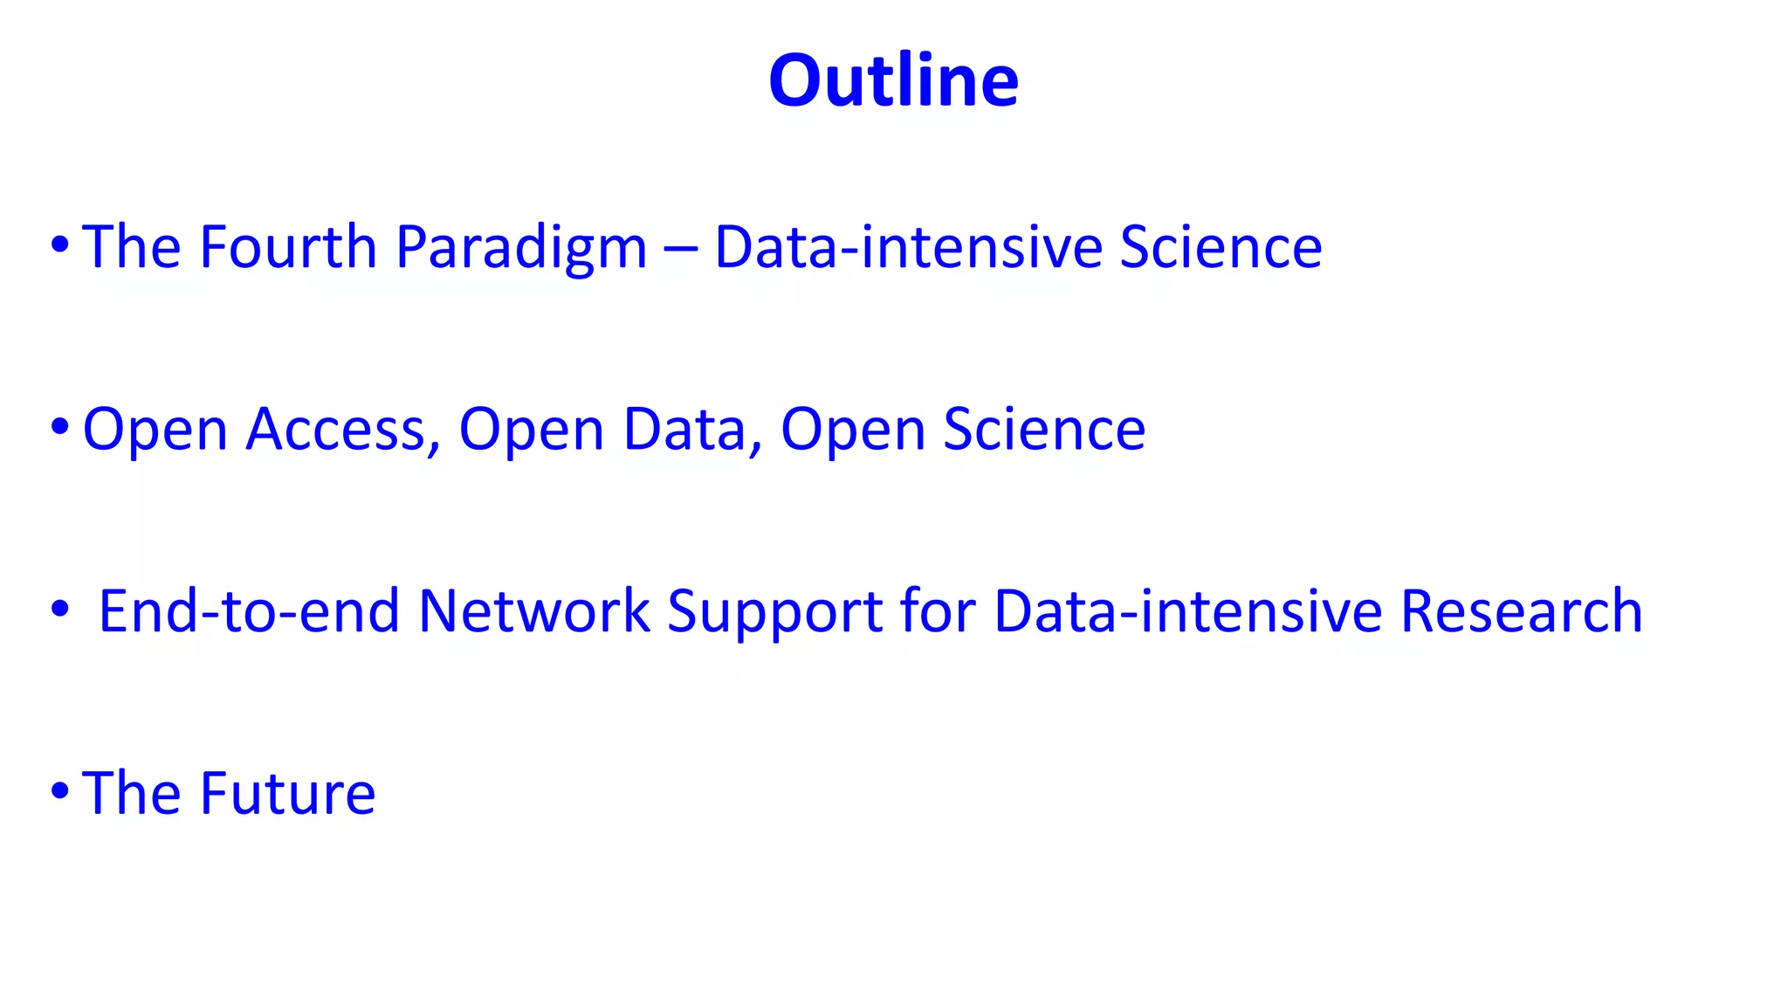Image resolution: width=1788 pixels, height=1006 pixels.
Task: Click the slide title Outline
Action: [x=893, y=80]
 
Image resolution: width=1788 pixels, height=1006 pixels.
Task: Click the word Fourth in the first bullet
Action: [x=288, y=247]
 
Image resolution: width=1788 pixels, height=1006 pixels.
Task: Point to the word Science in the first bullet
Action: [x=1221, y=247]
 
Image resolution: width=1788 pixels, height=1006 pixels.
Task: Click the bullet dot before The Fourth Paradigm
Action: [x=59, y=245]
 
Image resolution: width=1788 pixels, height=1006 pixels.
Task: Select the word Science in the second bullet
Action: [x=1044, y=430]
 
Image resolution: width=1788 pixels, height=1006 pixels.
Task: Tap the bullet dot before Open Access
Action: [x=59, y=428]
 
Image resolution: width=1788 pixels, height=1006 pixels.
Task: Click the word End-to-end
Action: [x=249, y=611]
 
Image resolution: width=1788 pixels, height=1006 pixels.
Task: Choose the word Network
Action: [x=534, y=611]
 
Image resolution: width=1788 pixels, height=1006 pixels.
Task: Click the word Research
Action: [x=1521, y=611]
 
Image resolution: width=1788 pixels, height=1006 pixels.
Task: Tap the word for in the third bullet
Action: [x=938, y=611]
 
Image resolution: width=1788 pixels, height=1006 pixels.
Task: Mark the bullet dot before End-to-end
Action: [x=59, y=610]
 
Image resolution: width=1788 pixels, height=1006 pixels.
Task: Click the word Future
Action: [x=288, y=794]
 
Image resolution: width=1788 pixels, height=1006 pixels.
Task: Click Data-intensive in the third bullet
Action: [x=1187, y=611]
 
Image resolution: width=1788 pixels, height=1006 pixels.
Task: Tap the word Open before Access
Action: [x=155, y=431]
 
